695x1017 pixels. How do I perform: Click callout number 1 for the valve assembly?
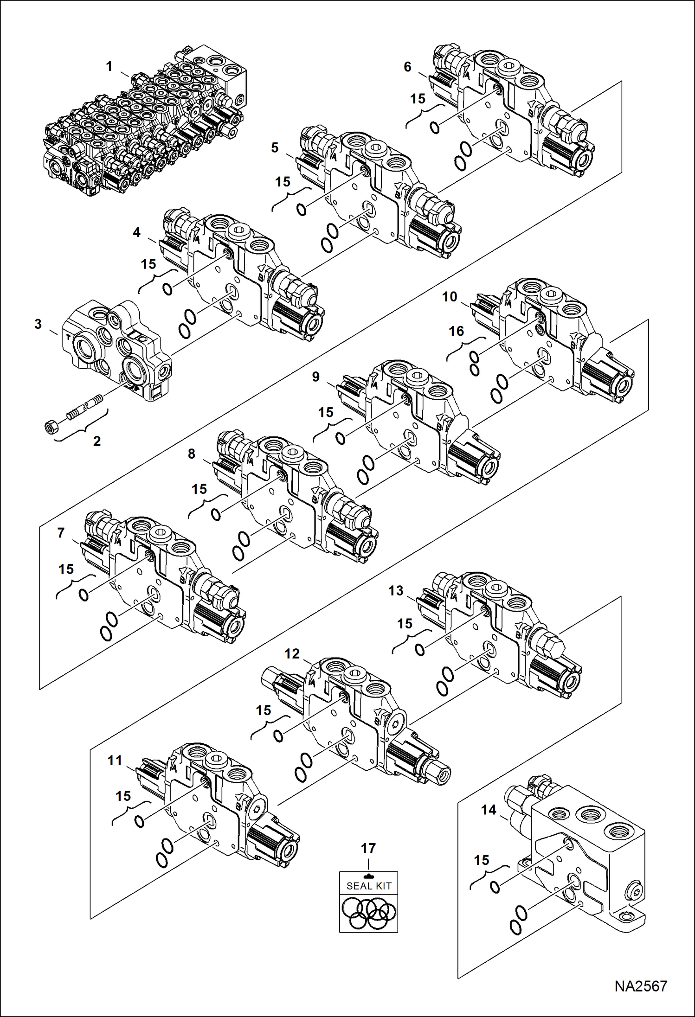click(109, 66)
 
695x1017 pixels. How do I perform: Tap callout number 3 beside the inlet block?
click(39, 324)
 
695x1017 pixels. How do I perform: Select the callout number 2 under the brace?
click(97, 441)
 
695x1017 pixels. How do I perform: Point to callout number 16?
click(456, 331)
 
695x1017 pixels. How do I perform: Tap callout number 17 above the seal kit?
click(368, 848)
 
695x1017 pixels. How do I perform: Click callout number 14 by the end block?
click(489, 810)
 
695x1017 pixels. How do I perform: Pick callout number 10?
click(449, 296)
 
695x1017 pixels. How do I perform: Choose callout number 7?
click(61, 533)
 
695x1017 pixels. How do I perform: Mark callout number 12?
click(292, 654)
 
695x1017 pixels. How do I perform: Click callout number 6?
click(407, 67)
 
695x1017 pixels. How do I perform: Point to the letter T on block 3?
click(69, 337)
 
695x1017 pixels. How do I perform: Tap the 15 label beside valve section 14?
click(482, 860)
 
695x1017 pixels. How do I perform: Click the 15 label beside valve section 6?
click(418, 98)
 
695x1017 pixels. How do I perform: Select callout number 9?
click(315, 377)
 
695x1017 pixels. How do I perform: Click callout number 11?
click(115, 761)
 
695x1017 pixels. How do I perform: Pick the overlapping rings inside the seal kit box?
click(368, 913)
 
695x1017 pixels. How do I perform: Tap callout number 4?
click(136, 232)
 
